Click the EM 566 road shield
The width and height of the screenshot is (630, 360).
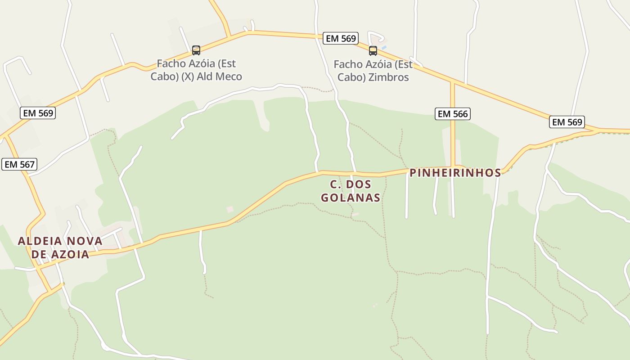coord(453,114)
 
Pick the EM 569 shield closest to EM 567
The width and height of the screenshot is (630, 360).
coord(38,113)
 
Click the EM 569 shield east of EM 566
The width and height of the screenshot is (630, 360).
coord(567,122)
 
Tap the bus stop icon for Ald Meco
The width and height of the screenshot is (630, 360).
coord(196,50)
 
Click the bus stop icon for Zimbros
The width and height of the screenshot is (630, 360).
coord(373,50)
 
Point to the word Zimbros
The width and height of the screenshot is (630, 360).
coord(388,77)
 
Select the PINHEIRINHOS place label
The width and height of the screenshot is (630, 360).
coord(455,173)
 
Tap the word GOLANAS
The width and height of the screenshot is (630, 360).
coord(350,198)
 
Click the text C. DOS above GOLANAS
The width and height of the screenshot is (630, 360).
coord(350,184)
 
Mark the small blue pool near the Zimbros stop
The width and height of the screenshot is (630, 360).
coord(383,47)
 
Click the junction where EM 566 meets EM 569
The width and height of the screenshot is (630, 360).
coord(453,82)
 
